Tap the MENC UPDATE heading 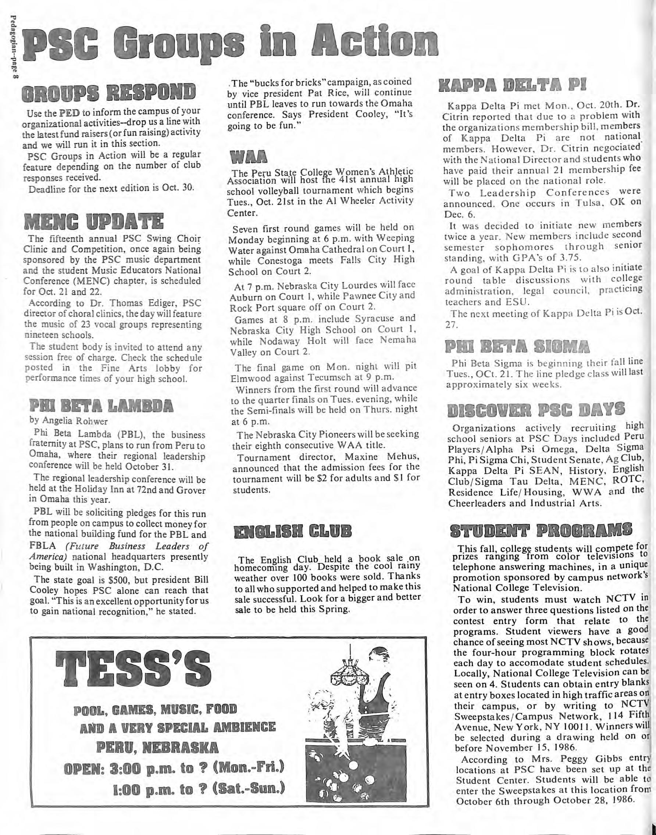click(x=93, y=222)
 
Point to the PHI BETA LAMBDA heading click(x=101, y=406)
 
